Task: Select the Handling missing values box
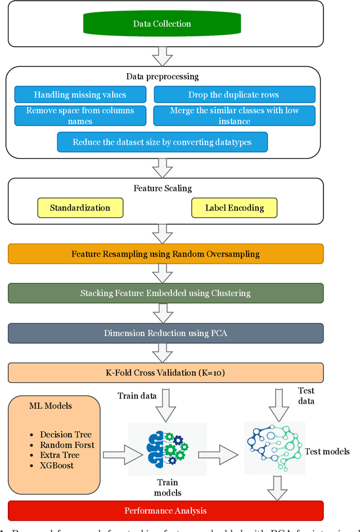point(80,95)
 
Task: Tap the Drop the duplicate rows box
point(234,95)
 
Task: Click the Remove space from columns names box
point(80,115)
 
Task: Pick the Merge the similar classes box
point(234,115)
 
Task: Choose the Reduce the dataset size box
point(162,142)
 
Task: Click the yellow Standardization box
point(80,208)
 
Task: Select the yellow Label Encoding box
point(235,208)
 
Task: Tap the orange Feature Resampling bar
point(165,254)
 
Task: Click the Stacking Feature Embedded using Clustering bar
point(165,293)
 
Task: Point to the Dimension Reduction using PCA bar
point(165,333)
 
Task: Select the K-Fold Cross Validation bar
point(165,373)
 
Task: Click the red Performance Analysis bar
point(165,511)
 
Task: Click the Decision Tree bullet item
point(64,435)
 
